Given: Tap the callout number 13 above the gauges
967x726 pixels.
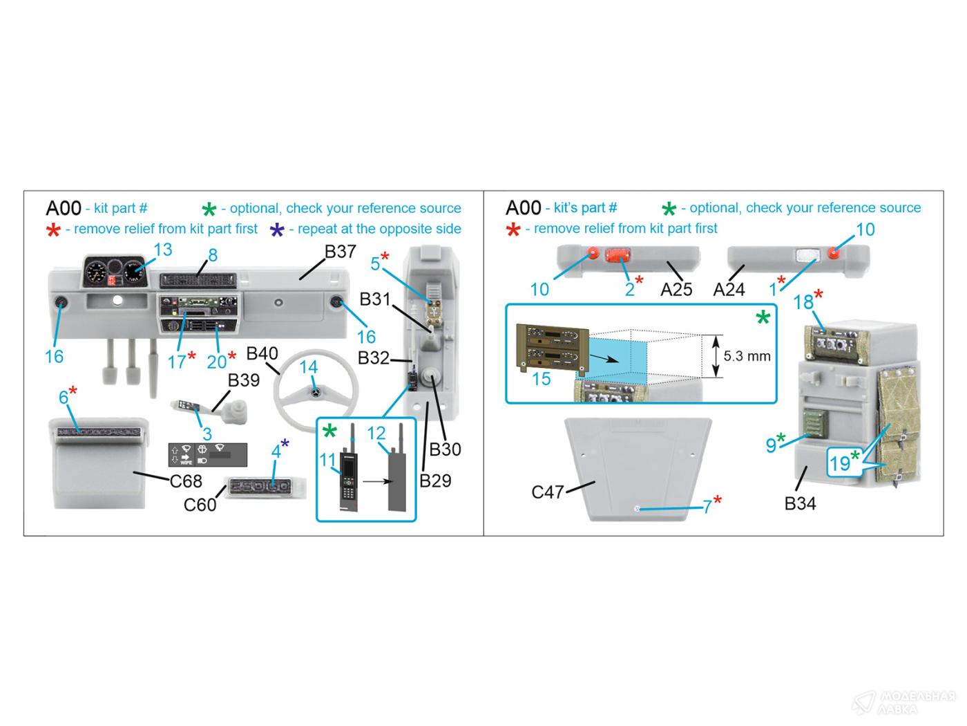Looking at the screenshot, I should (163, 250).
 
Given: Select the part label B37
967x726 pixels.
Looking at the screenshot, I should (341, 252).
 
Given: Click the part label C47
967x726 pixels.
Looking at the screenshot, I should (548, 492).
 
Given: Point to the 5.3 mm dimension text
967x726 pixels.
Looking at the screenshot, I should (747, 356).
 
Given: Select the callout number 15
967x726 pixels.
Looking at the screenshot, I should (541, 378).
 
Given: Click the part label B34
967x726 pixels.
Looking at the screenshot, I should (800, 503).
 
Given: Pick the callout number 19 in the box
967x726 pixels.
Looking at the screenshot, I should (839, 463).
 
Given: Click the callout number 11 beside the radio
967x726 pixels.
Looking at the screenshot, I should (327, 460).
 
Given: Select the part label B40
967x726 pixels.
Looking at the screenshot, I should (262, 354).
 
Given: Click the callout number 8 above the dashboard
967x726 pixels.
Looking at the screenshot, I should (213, 255).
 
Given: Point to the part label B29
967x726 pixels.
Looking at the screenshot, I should (435, 481).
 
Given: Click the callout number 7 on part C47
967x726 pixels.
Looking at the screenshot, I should (707, 507).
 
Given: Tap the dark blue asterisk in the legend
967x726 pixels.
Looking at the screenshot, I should (277, 230).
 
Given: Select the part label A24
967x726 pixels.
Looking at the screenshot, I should (729, 289).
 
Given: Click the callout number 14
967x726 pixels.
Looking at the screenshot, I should (308, 367).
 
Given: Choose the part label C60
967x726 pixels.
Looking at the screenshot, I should (200, 505).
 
